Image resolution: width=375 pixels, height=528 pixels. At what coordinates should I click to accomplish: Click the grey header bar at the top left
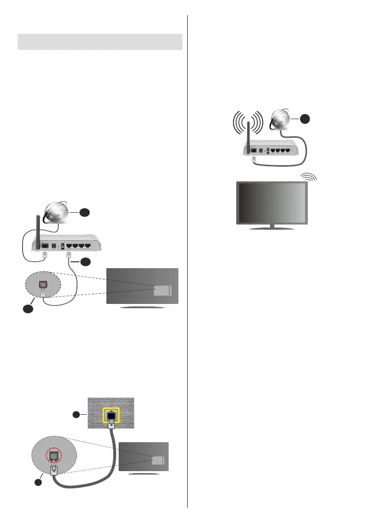click(x=100, y=42)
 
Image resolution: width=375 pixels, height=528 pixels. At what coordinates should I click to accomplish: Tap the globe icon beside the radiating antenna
click(x=280, y=122)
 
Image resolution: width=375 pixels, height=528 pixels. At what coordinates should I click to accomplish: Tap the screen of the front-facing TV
click(x=272, y=202)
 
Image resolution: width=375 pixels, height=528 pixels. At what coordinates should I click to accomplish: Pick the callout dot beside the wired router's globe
click(x=85, y=213)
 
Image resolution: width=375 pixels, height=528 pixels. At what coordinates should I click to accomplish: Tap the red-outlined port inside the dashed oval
click(x=43, y=283)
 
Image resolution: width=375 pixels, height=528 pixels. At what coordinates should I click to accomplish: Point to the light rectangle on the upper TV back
click(x=162, y=290)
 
